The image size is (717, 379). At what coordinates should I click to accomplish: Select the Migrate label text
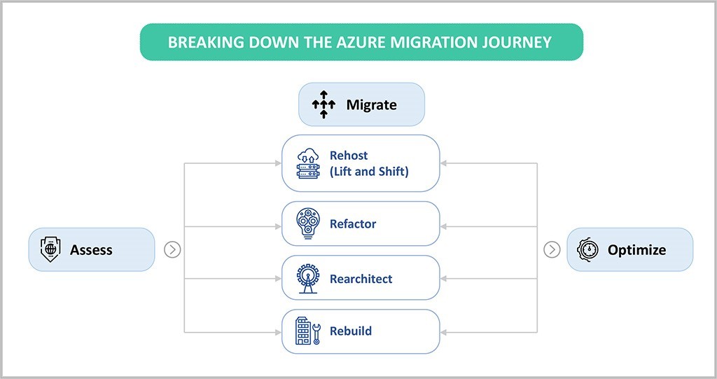[x=371, y=105]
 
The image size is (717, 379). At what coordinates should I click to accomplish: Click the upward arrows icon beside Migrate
[x=323, y=105]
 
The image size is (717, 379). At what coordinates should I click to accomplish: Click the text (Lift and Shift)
[x=369, y=171]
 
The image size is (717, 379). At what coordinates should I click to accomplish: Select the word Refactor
[x=353, y=224]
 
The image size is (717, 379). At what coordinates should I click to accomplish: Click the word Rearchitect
[x=361, y=279]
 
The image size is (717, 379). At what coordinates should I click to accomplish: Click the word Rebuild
[x=351, y=331]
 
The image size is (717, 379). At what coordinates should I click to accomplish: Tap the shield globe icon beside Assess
[x=51, y=249]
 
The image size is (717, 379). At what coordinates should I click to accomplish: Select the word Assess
[x=91, y=249]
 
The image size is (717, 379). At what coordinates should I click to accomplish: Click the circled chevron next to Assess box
[x=172, y=249]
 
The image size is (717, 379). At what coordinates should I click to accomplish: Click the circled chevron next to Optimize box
[x=552, y=249]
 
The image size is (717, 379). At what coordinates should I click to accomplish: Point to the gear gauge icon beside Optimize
[x=588, y=249]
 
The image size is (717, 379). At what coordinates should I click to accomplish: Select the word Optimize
[x=636, y=249]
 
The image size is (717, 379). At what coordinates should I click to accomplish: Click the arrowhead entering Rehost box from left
[x=277, y=164]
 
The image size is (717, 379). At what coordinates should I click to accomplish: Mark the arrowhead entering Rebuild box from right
[x=445, y=331]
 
